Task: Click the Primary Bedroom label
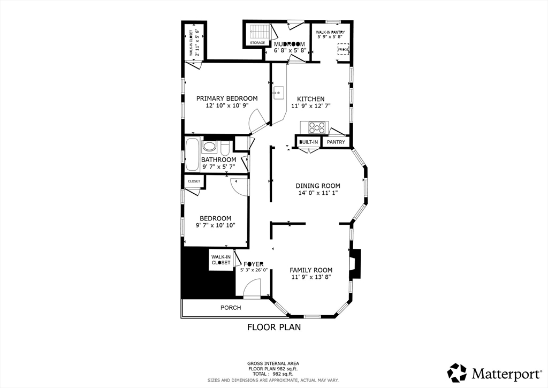pos(227,98)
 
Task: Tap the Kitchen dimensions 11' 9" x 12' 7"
pos(310,106)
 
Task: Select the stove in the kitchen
pos(317,127)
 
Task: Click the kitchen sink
pos(278,94)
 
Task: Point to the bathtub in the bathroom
pos(192,154)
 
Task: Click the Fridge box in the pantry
pos(343,49)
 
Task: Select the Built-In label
pos(309,142)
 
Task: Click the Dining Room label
pos(318,186)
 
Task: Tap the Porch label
pos(231,308)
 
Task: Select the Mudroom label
pos(290,44)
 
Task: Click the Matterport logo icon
pos(457,372)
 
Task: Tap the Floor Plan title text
pos(273,327)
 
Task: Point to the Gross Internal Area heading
pos(273,363)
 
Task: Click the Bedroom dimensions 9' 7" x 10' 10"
pos(215,225)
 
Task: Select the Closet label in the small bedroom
pos(194,181)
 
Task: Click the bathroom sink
pos(209,146)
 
